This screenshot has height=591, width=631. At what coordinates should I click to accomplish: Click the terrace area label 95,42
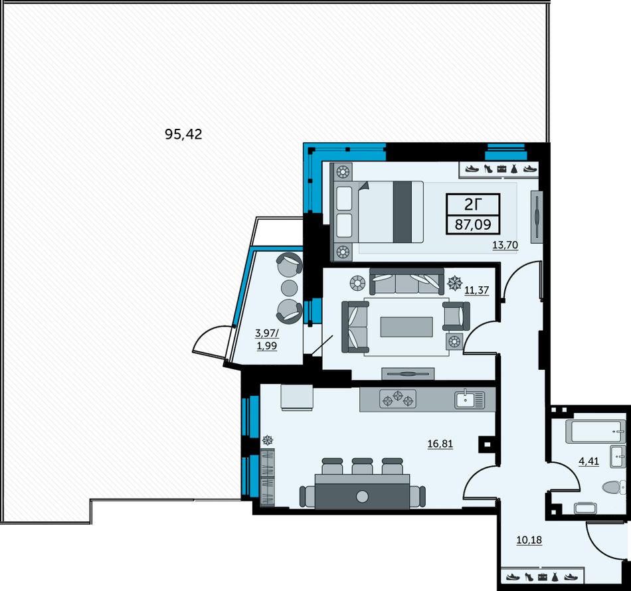coord(183,134)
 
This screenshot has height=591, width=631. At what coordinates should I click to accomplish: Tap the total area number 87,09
coord(473,224)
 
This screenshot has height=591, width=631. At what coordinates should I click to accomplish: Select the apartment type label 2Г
coord(473,205)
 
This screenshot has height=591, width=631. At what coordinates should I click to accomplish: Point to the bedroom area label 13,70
coord(505,244)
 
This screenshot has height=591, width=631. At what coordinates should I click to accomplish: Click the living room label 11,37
coord(477,290)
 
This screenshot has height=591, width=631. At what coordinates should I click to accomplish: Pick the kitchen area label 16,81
coord(440,444)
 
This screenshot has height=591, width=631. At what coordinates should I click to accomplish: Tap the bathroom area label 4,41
coord(588,461)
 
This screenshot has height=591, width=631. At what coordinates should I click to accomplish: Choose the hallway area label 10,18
coord(529,540)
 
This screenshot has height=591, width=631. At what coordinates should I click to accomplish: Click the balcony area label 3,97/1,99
coord(267,339)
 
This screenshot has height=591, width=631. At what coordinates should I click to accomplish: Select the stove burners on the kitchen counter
coord(398,399)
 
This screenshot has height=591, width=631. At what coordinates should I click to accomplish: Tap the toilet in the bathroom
coord(614,487)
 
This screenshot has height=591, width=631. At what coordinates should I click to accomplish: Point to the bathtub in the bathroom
coord(596,431)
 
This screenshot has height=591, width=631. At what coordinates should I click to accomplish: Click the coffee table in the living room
coord(406,327)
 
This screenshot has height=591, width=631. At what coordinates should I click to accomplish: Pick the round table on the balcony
coord(289,288)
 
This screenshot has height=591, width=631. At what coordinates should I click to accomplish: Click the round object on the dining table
coord(362,497)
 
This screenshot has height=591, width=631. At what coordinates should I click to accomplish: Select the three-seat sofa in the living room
coord(407,281)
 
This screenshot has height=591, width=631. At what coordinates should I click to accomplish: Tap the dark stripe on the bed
coord(403,212)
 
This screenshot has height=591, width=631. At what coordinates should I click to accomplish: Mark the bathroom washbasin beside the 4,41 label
coord(618,457)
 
